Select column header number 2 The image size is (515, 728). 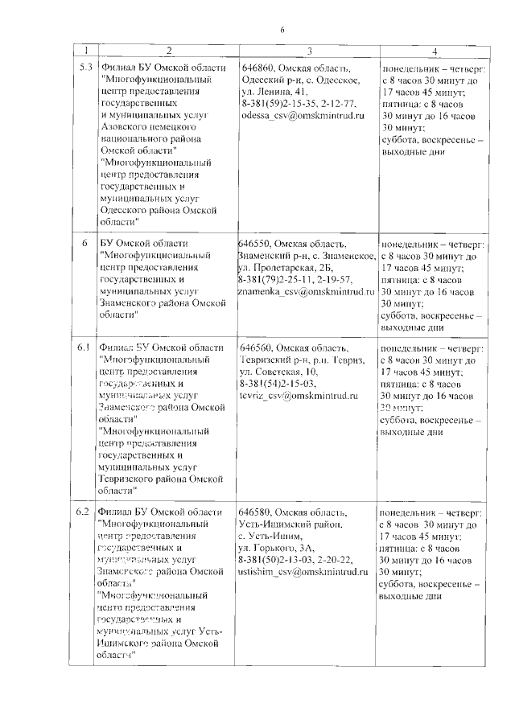(168, 51)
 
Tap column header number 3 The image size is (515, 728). (308, 51)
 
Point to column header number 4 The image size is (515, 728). (434, 51)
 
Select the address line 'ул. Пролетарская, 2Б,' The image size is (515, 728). (286, 267)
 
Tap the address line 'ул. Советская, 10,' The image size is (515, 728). (279, 372)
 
